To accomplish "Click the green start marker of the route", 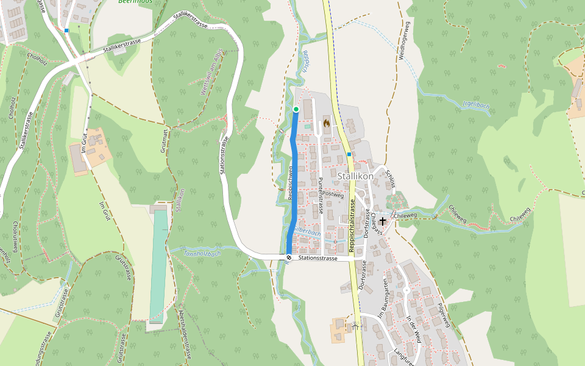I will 296,109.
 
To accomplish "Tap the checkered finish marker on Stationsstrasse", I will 289,258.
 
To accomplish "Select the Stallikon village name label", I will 355,176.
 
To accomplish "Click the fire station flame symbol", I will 327,123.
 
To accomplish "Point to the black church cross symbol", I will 383,221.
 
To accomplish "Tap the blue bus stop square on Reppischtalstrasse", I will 349,154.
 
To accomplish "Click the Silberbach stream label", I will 307,232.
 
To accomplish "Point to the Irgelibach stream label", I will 477,105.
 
